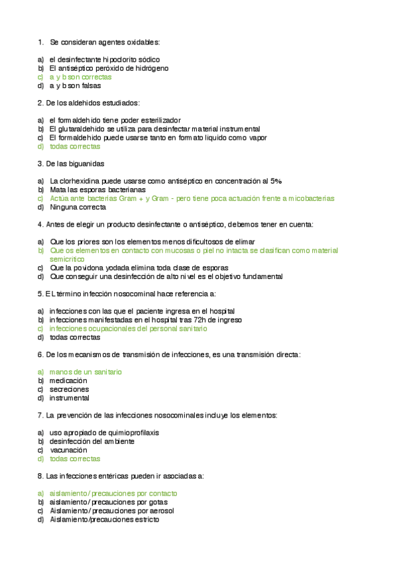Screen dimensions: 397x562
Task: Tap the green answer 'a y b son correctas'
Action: tap(80, 77)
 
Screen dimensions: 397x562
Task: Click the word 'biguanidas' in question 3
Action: tap(85, 163)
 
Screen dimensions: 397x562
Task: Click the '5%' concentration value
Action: tap(276, 181)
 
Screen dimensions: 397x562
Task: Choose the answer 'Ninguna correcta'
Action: tap(78, 207)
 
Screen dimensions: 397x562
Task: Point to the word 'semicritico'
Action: tap(72, 259)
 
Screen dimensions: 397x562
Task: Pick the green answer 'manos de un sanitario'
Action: tap(85, 372)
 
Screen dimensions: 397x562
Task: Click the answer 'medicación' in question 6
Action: tap(68, 381)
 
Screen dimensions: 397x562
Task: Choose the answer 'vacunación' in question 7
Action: tap(70, 450)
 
